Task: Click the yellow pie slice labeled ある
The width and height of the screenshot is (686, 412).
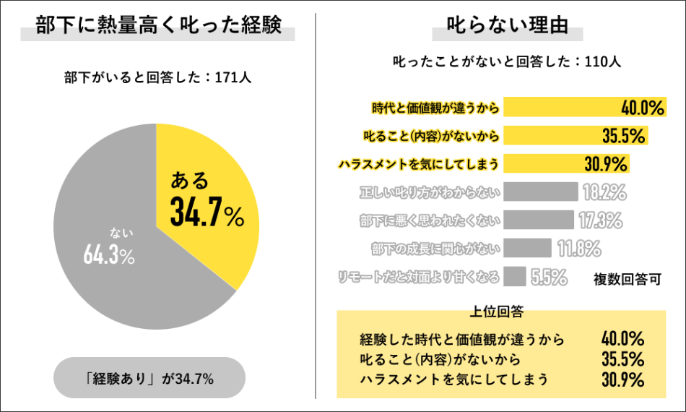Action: pos(209,195)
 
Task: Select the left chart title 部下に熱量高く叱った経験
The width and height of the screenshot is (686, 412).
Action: pos(157,27)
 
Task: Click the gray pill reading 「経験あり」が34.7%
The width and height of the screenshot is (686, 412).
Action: pos(150,378)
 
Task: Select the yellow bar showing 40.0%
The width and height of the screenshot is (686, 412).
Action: pos(563,108)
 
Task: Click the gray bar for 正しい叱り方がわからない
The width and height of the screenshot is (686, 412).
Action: pos(541,192)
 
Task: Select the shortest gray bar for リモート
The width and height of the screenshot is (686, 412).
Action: pos(515,275)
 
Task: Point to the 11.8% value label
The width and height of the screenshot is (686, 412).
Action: pos(579,248)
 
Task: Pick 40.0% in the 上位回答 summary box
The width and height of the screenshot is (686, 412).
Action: pos(622,338)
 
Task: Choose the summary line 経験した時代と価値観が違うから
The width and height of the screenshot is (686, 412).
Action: pos(461,338)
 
